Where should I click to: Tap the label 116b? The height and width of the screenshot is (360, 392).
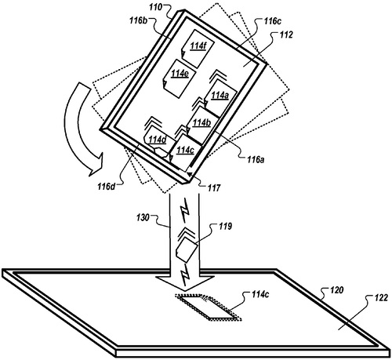[139, 20]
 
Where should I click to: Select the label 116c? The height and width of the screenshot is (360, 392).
[272, 21]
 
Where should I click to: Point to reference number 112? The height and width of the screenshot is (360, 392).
[286, 35]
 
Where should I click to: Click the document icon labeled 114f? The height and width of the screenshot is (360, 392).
[198, 48]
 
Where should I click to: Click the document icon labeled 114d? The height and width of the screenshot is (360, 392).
[159, 144]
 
